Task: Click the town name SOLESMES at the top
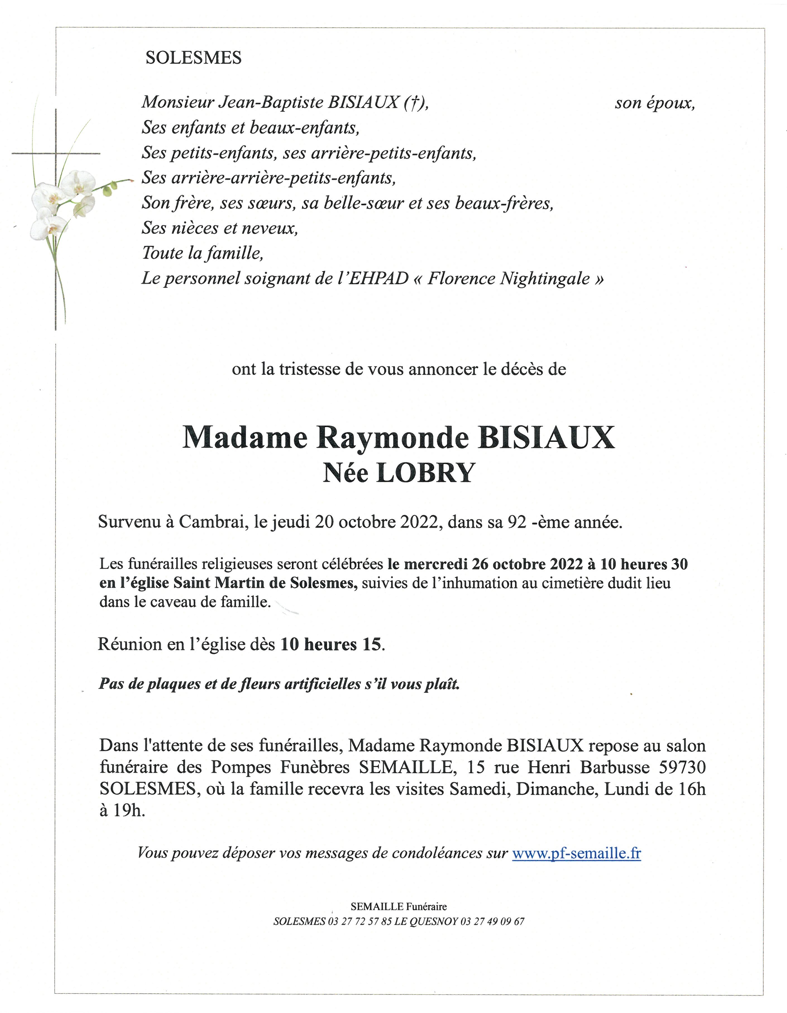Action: coord(193,57)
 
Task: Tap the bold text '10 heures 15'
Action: coord(331,644)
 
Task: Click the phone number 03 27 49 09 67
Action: coord(492,921)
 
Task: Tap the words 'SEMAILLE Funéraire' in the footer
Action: coord(399,906)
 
